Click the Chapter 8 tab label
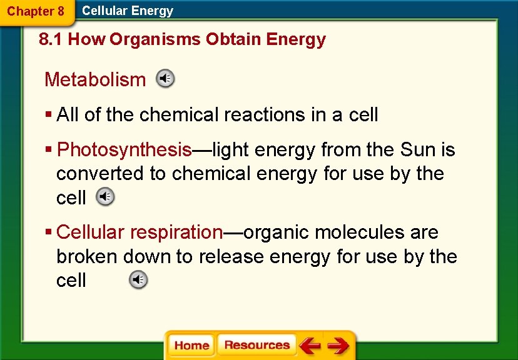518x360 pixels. point(35,11)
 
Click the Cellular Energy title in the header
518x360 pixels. point(128,11)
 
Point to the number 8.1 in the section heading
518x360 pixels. point(50,40)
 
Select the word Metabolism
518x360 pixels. point(94,80)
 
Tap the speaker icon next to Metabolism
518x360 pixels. point(165,79)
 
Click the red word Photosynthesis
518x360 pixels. point(124,150)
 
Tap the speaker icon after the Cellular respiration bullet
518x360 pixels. point(138,280)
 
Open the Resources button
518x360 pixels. point(256,346)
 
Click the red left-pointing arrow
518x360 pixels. point(310,346)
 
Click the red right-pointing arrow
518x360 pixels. point(338,346)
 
